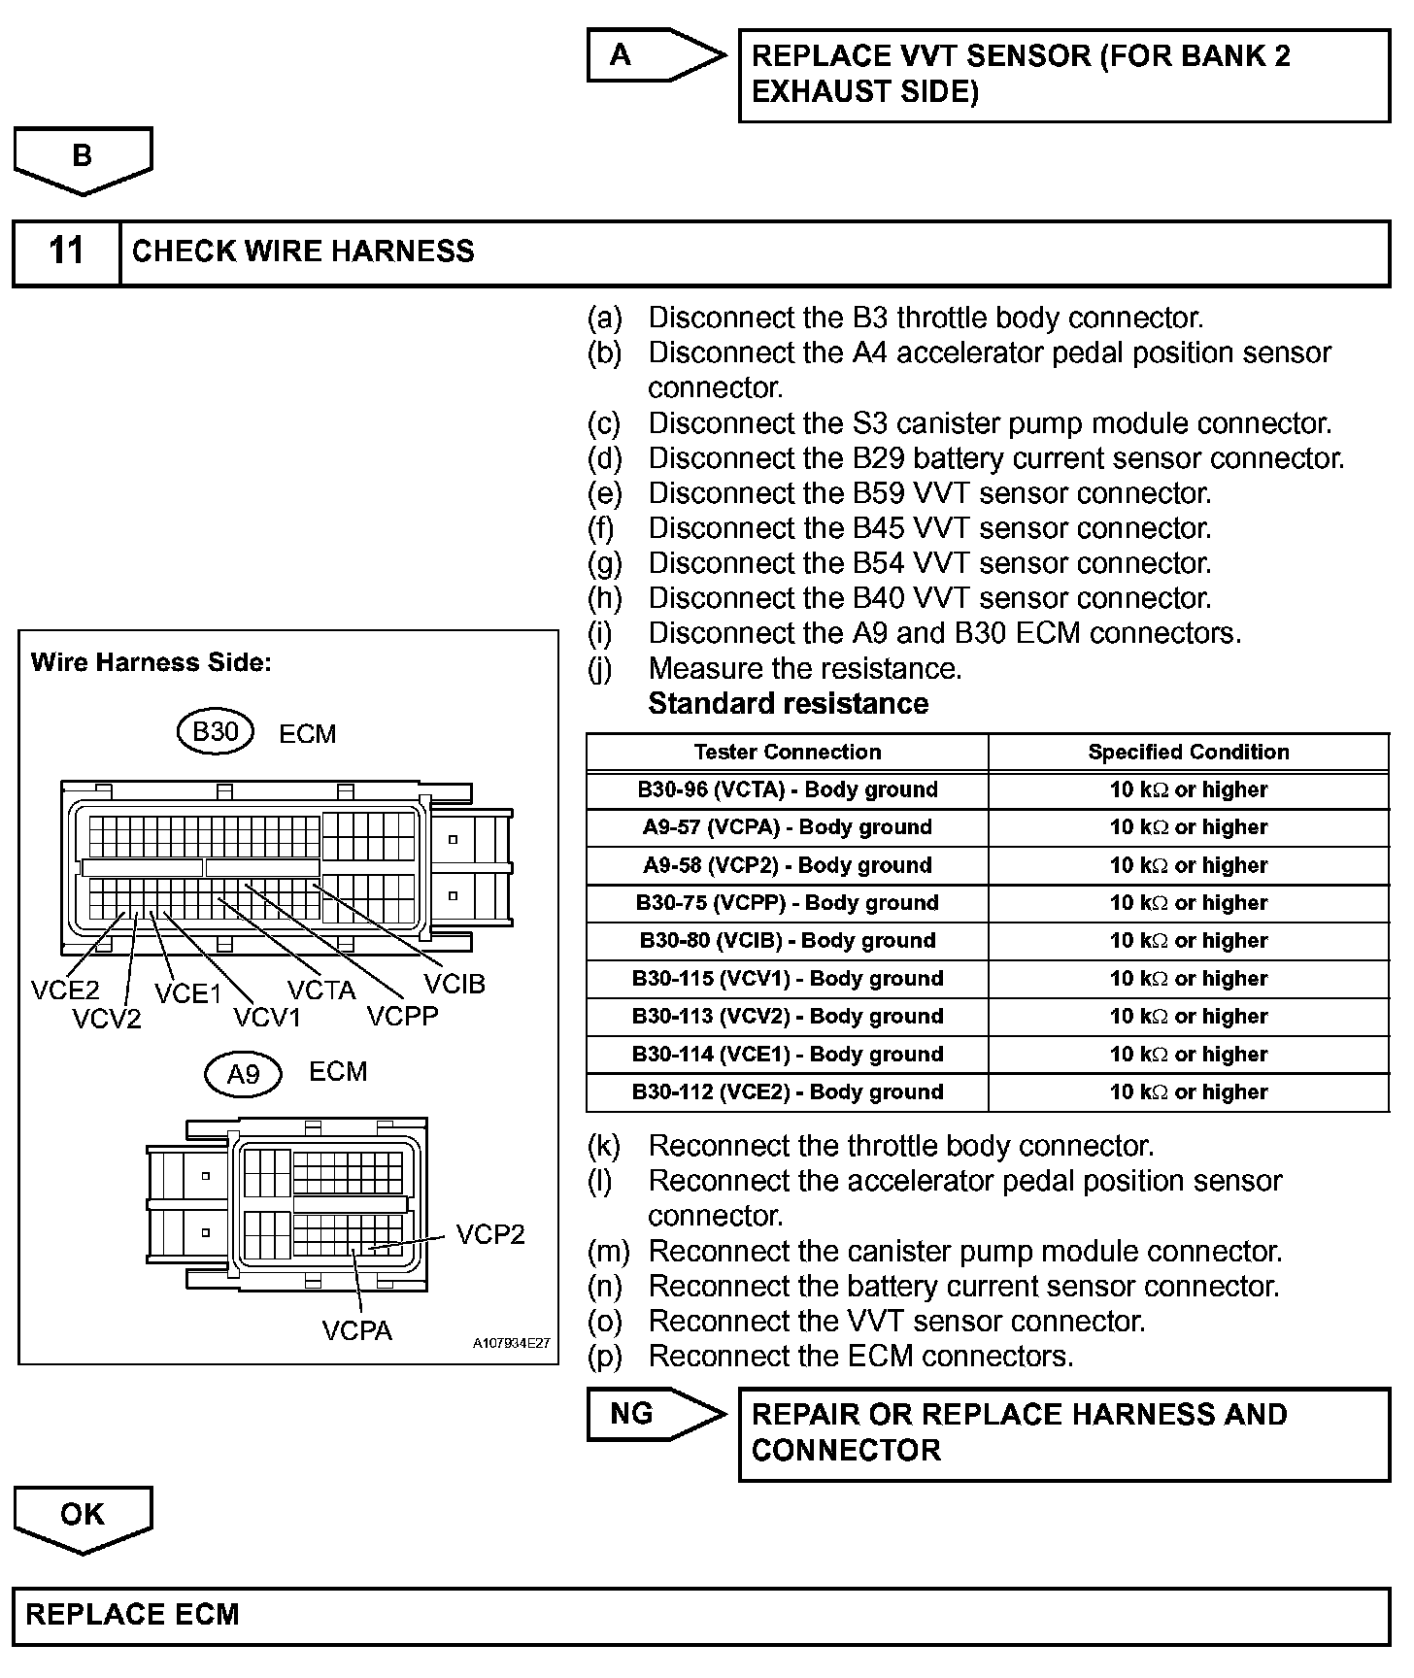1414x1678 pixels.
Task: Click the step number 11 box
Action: click(x=66, y=252)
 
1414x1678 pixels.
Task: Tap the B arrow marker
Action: click(x=83, y=157)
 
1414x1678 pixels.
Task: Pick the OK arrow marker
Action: click(x=83, y=1516)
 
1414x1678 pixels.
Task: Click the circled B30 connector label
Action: click(x=216, y=731)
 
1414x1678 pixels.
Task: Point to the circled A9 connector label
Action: click(x=243, y=1074)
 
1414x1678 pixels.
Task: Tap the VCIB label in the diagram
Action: click(x=454, y=985)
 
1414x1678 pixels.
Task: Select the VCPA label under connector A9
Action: click(x=356, y=1330)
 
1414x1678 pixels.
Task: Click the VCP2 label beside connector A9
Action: click(x=490, y=1234)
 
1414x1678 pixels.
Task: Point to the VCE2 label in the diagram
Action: click(x=65, y=990)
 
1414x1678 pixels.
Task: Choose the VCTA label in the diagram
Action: click(x=321, y=990)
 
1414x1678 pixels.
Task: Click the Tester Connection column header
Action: click(x=788, y=752)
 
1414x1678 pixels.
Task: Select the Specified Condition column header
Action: click(x=1189, y=752)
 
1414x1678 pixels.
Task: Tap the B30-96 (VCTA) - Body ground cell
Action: click(x=788, y=789)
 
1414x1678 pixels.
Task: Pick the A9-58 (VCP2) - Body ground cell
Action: click(x=788, y=865)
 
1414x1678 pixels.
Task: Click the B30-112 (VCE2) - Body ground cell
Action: click(x=788, y=1092)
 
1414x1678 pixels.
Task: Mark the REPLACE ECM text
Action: click(x=132, y=1615)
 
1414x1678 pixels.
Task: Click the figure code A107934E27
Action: click(x=512, y=1344)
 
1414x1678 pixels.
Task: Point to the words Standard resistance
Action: click(x=788, y=703)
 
